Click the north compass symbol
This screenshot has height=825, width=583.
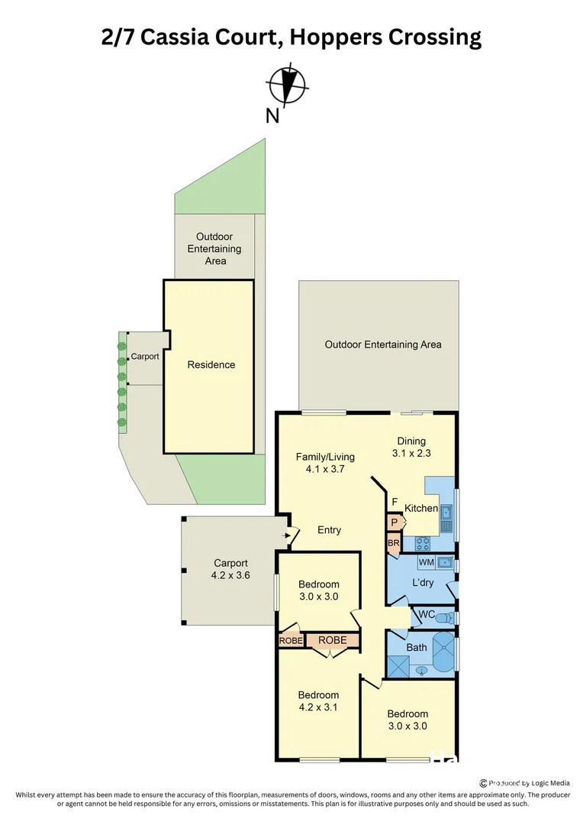288,85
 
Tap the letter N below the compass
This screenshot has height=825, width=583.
272,116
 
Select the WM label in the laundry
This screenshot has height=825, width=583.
426,563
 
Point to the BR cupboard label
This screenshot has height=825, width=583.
394,544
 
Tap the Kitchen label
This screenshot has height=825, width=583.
421,508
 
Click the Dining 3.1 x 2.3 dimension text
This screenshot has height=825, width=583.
411,453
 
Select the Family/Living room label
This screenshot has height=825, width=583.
320,457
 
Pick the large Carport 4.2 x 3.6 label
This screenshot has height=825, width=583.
231,569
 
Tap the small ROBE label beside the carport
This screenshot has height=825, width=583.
291,641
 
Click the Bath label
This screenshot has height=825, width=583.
417,647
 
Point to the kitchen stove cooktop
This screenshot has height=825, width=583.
423,544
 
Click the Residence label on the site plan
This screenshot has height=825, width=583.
211,364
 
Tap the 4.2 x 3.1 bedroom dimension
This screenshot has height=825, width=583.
318,707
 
